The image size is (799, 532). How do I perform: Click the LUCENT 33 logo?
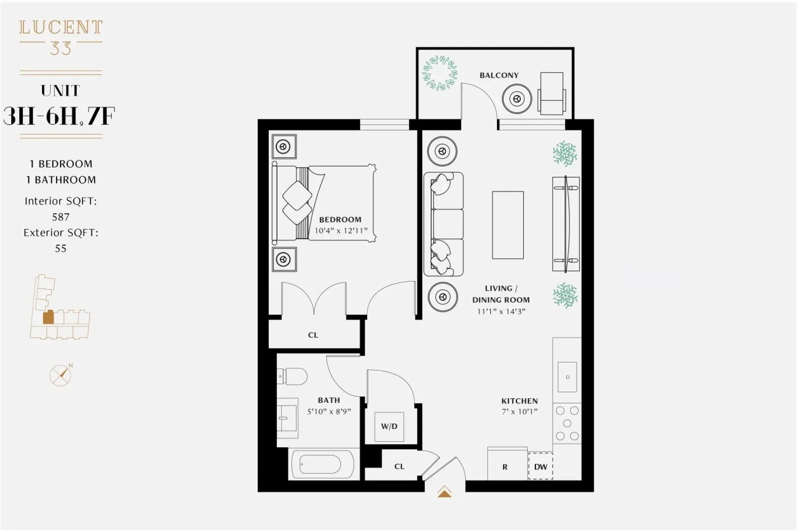click(x=61, y=37)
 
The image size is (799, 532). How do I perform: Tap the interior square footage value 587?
click(x=61, y=217)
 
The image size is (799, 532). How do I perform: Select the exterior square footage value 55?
click(x=61, y=248)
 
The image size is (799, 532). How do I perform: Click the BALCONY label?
click(x=499, y=75)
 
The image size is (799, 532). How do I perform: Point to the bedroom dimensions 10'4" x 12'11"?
click(x=341, y=231)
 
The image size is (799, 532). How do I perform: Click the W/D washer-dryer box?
click(x=389, y=426)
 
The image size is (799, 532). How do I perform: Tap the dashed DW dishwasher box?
click(x=540, y=466)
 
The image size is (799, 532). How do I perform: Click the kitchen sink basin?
click(x=567, y=377)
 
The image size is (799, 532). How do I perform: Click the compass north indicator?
click(x=61, y=375)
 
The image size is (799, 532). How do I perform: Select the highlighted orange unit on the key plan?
click(x=48, y=317)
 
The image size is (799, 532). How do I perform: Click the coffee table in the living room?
click(x=508, y=225)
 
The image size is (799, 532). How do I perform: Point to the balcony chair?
click(x=552, y=94)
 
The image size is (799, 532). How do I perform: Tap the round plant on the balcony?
click(x=439, y=73)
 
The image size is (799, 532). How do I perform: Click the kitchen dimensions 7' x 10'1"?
click(x=519, y=412)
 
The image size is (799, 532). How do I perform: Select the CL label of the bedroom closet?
click(x=313, y=335)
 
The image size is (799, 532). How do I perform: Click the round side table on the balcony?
click(x=517, y=99)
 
